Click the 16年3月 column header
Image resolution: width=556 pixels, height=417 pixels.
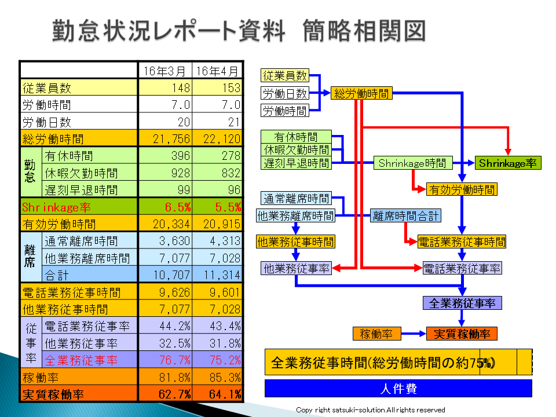(x=165, y=71)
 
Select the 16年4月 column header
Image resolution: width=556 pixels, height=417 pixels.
(x=217, y=71)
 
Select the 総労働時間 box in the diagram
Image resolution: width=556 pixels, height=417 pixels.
(x=361, y=93)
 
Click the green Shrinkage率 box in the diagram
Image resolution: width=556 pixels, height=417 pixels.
(x=508, y=163)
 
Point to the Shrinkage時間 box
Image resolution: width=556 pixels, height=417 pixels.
(x=412, y=163)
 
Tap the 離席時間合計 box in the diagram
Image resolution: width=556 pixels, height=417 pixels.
(x=405, y=216)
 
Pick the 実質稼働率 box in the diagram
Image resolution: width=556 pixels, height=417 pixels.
(x=462, y=334)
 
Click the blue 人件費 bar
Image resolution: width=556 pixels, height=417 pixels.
(x=398, y=388)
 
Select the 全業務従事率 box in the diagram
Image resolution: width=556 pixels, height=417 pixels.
(x=462, y=303)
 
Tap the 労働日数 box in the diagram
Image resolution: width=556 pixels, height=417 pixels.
(x=285, y=93)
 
